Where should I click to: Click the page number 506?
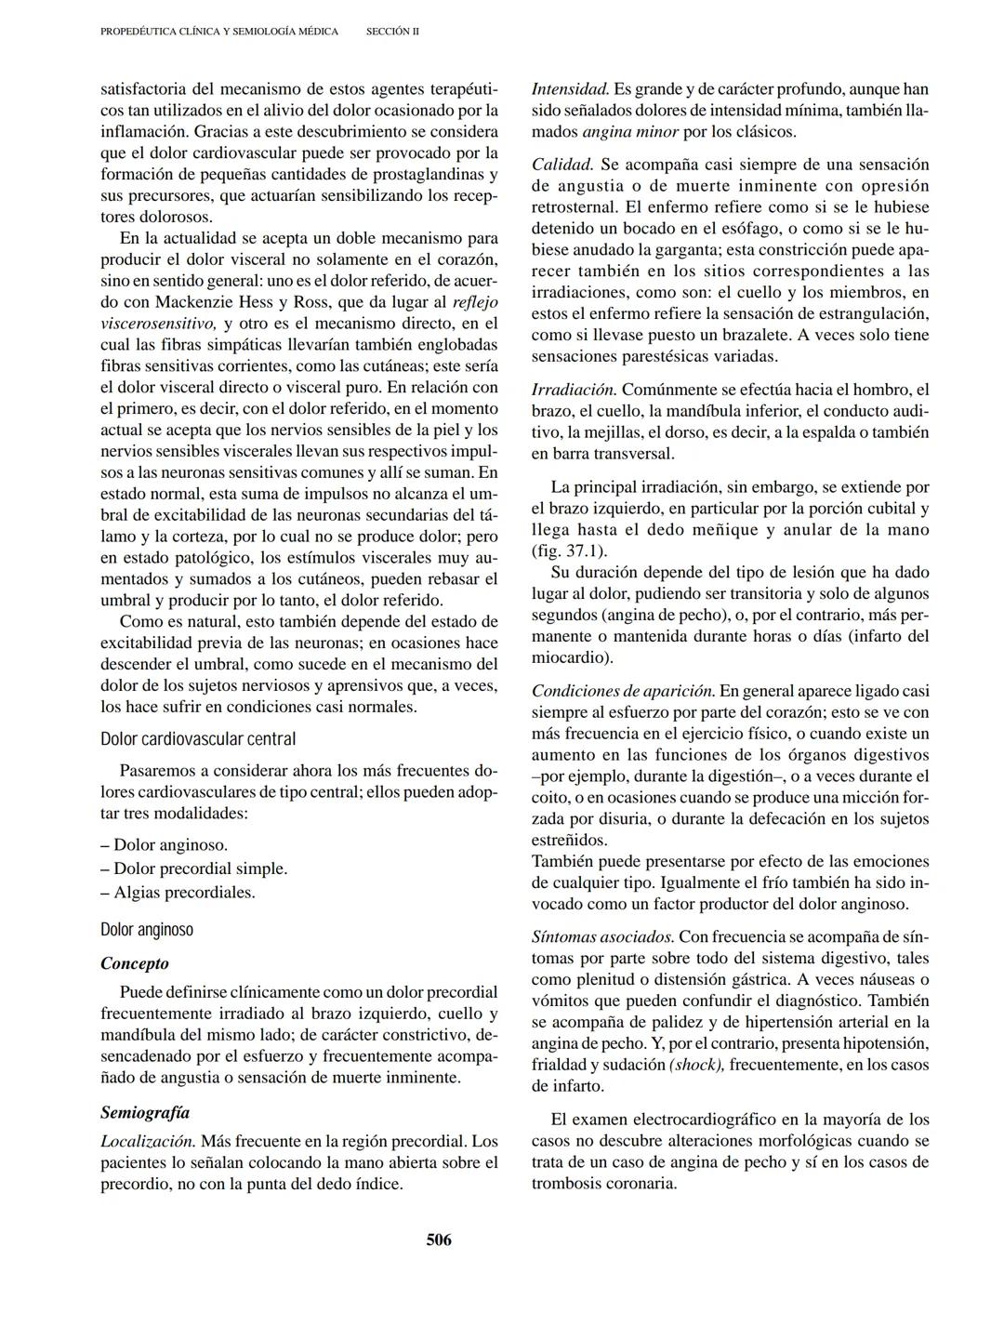click(x=439, y=1240)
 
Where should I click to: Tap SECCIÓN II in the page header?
click(x=392, y=32)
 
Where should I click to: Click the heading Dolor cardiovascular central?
click(x=198, y=739)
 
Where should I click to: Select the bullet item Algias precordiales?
click(x=178, y=893)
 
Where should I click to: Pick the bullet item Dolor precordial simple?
click(x=193, y=868)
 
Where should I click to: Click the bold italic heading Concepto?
click(x=135, y=963)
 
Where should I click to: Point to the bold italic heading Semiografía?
click(x=145, y=1112)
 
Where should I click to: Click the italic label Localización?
click(x=148, y=1141)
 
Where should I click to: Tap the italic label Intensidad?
click(x=570, y=89)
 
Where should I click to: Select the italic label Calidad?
click(x=561, y=165)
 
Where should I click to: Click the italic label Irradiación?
click(x=574, y=390)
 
